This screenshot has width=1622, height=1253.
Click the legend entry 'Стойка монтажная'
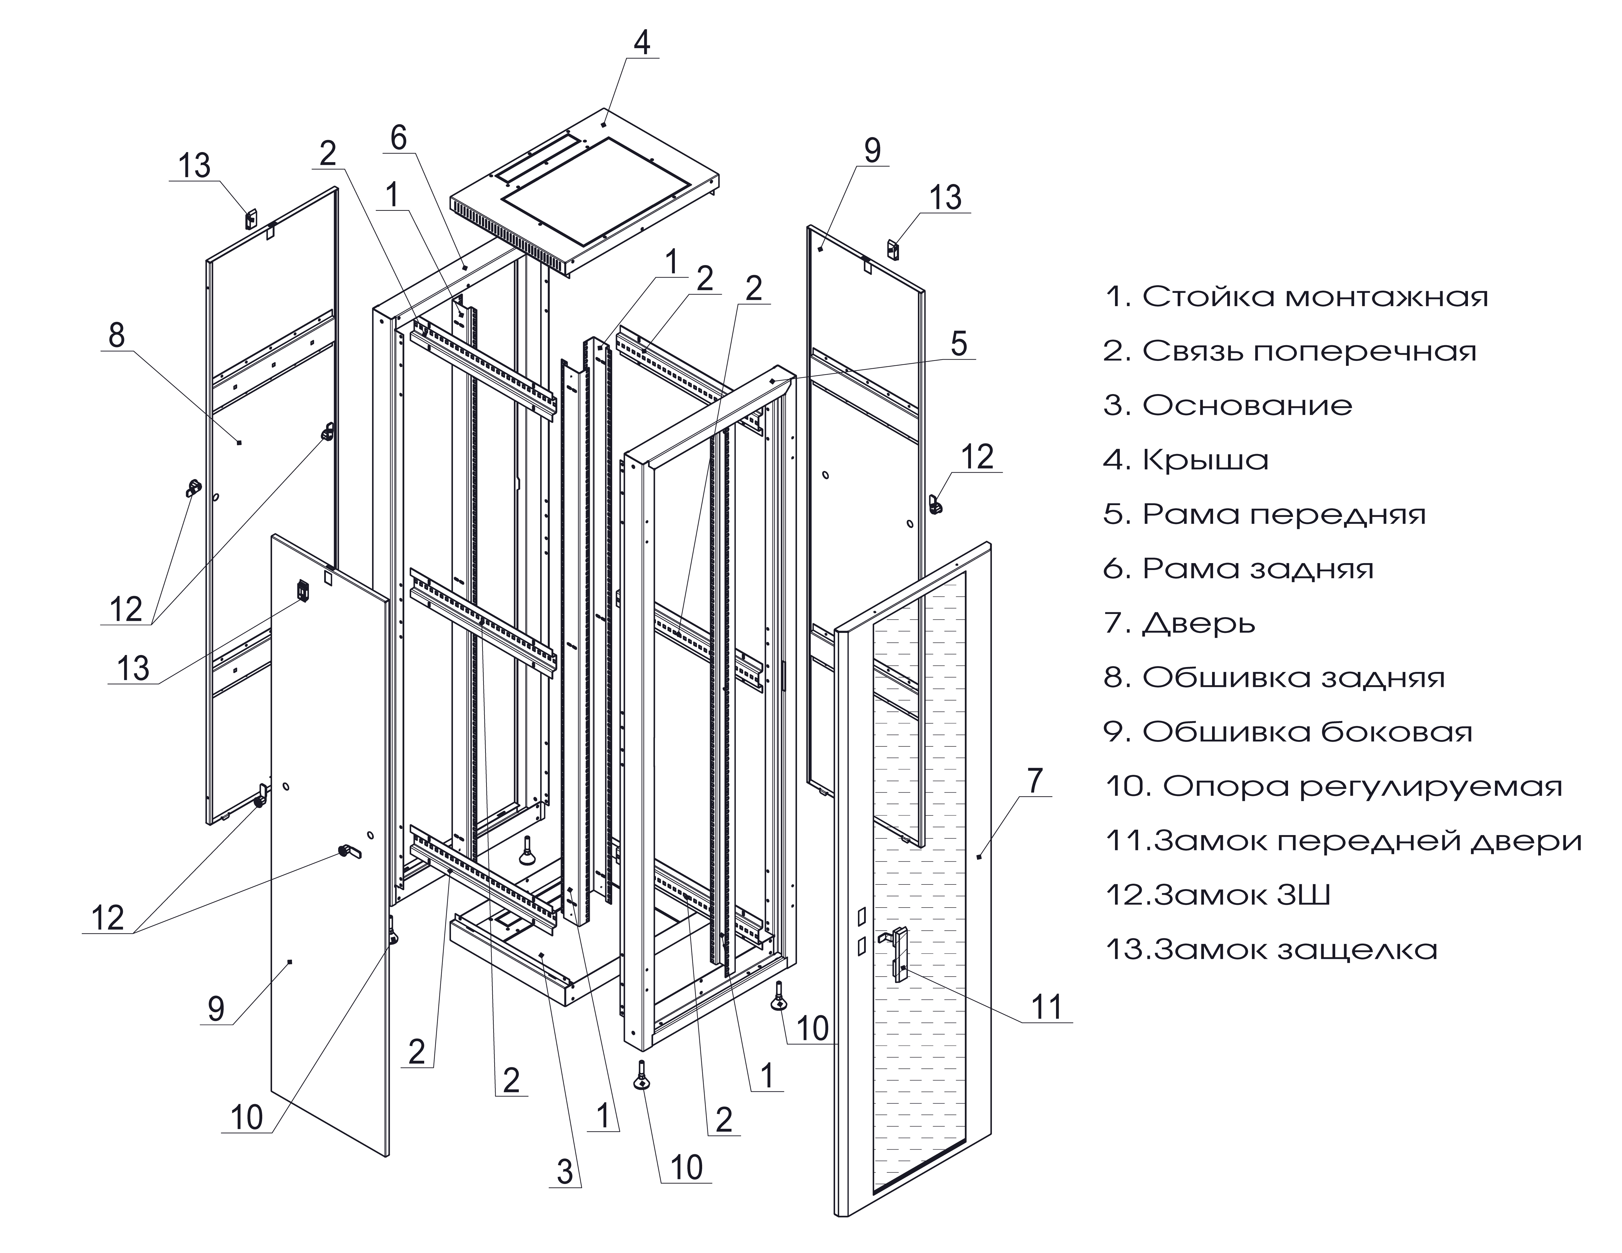click(x=1296, y=297)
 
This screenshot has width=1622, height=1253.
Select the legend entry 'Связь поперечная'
click(x=1290, y=351)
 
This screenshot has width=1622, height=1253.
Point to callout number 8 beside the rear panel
click(x=116, y=336)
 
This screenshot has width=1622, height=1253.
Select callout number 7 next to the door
click(x=1035, y=781)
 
